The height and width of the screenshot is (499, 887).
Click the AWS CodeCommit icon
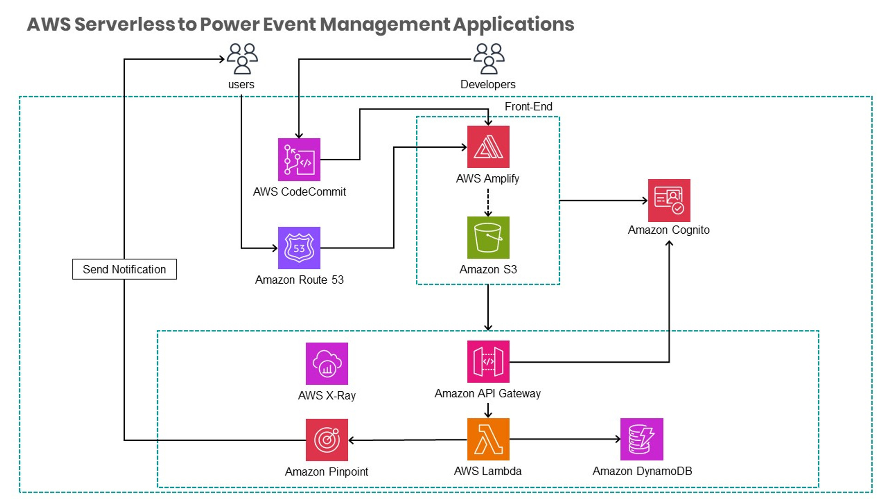pyautogui.click(x=299, y=159)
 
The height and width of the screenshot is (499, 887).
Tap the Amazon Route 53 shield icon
pyautogui.click(x=299, y=248)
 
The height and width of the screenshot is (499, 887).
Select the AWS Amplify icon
pyautogui.click(x=488, y=147)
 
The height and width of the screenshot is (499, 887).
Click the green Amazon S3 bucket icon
pyautogui.click(x=488, y=237)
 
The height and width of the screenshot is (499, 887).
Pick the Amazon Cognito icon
pyautogui.click(x=669, y=201)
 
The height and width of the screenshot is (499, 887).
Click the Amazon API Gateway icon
pyautogui.click(x=488, y=362)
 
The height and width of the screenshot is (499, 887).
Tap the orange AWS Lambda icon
pyautogui.click(x=488, y=439)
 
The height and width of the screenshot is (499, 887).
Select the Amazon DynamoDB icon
pyautogui.click(x=642, y=439)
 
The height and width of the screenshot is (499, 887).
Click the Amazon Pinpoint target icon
pyautogui.click(x=327, y=440)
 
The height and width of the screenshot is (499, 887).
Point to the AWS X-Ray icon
pyautogui.click(x=327, y=364)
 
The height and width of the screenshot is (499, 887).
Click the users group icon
pyautogui.click(x=242, y=59)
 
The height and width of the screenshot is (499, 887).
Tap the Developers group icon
pyautogui.click(x=488, y=59)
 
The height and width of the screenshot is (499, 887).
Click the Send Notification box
pyautogui.click(x=124, y=269)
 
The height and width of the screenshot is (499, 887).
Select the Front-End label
pyautogui.click(x=528, y=107)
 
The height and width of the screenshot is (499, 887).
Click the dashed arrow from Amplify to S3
pyautogui.click(x=488, y=202)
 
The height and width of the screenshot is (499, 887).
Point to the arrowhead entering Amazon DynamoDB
pyautogui.click(x=618, y=439)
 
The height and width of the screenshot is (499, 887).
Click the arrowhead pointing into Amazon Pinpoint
pyautogui.click(x=351, y=440)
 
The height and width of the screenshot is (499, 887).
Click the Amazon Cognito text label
pyautogui.click(x=668, y=230)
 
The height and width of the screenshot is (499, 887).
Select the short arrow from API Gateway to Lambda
pyautogui.click(x=488, y=410)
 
